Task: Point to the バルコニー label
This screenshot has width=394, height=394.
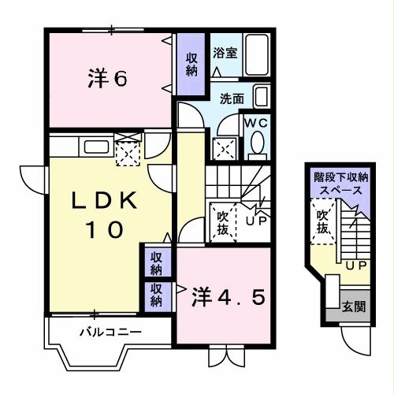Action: tap(110, 332)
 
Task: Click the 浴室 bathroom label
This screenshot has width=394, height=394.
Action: tap(225, 54)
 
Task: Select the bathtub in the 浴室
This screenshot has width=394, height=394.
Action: tap(257, 51)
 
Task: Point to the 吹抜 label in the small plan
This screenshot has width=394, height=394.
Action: tap(322, 221)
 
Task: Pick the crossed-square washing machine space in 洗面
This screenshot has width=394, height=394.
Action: tap(223, 147)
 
